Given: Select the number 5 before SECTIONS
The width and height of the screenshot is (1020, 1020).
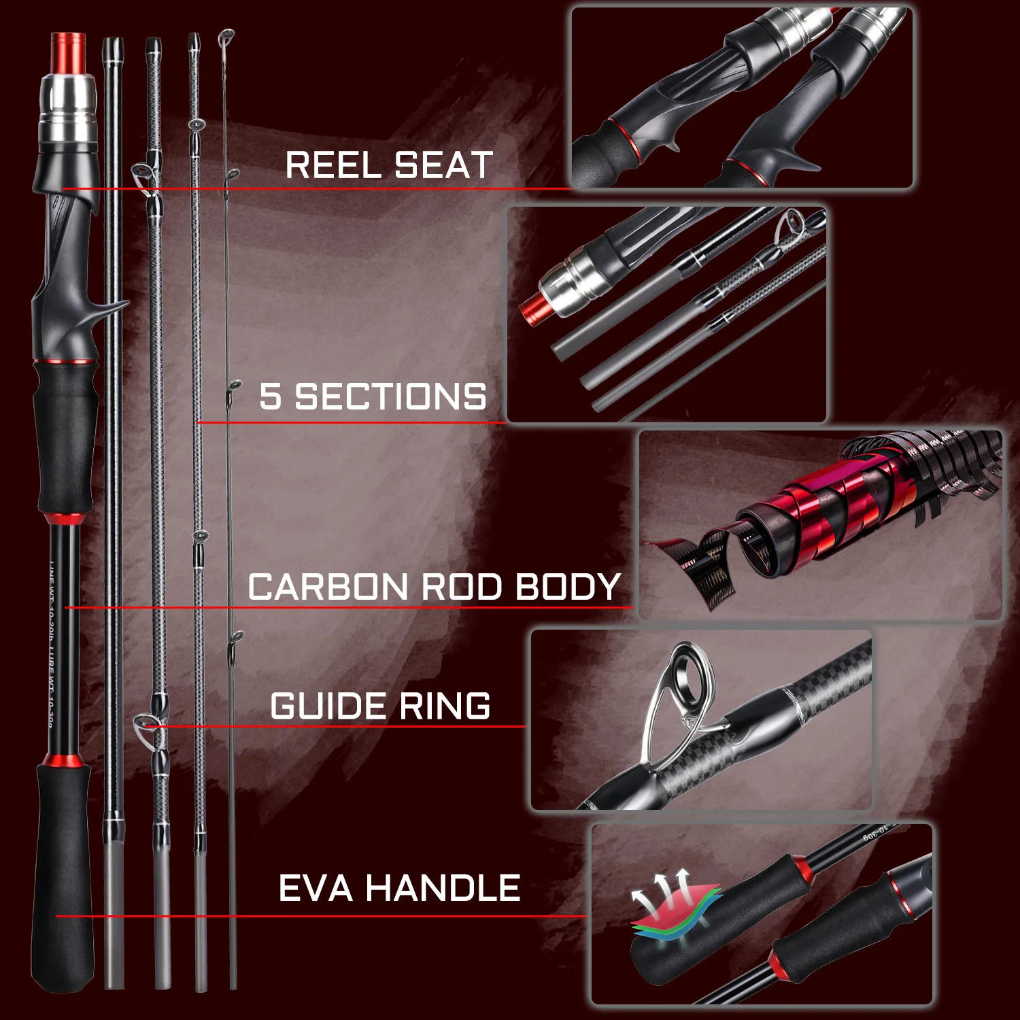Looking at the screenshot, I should pyautogui.click(x=270, y=396).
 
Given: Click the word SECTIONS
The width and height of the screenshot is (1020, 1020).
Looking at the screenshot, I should pyautogui.click(x=390, y=396).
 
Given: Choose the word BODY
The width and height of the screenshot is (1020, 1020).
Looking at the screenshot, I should pyautogui.click(x=568, y=587).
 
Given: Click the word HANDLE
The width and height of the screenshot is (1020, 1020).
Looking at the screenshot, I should pyautogui.click(x=443, y=888).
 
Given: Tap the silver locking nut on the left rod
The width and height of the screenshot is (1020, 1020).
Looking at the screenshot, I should pyautogui.click(x=67, y=109).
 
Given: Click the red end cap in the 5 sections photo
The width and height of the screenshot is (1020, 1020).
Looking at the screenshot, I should pyautogui.click(x=533, y=309).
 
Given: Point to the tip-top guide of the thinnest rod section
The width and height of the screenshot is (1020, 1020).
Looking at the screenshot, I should pyautogui.click(x=226, y=37).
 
